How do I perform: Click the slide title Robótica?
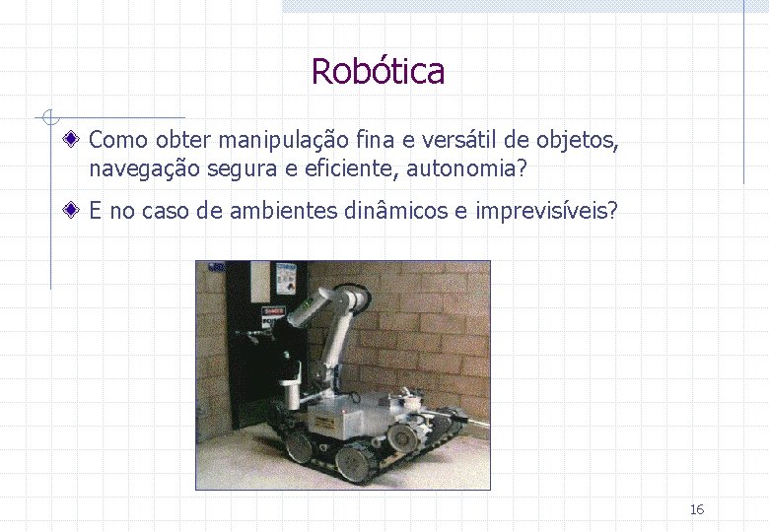tap(378, 71)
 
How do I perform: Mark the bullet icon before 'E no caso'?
tap(75, 210)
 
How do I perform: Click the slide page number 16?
tap(696, 509)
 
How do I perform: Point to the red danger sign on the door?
tap(272, 312)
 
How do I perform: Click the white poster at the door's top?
tap(286, 277)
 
